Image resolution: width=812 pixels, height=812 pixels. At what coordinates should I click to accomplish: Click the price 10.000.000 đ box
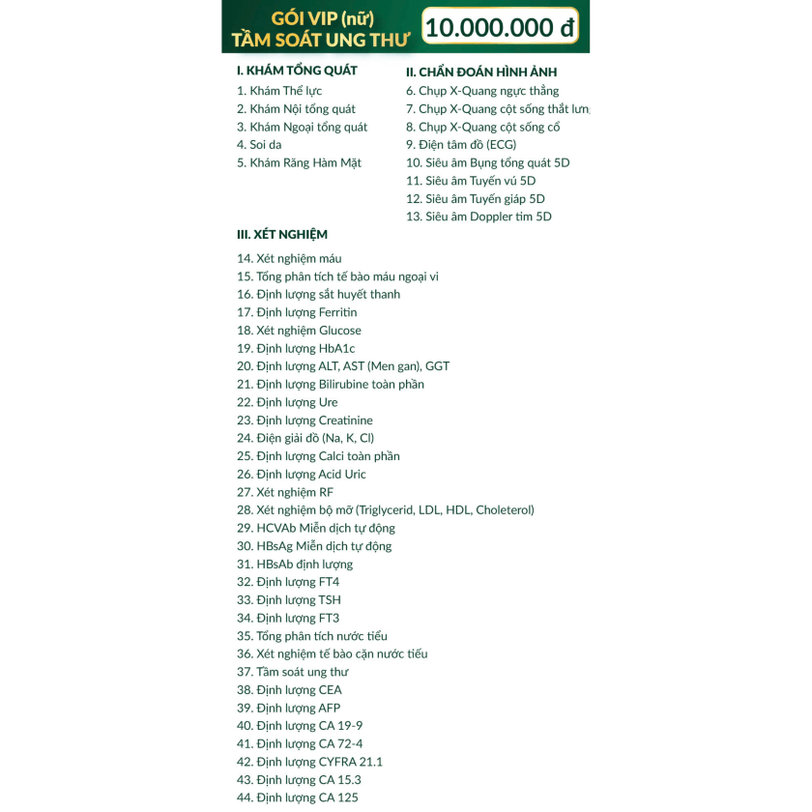pos(500,26)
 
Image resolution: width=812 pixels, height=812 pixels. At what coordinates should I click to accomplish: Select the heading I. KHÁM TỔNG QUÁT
pos(297,71)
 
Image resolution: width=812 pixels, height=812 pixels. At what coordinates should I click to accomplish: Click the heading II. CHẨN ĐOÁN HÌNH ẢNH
pos(481,72)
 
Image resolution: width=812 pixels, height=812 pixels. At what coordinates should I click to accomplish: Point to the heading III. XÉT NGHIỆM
pos(282,234)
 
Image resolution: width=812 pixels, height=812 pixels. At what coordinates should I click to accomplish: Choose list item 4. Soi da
pos(259,145)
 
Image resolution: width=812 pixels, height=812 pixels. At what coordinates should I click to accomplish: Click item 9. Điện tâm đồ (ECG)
pos(461,145)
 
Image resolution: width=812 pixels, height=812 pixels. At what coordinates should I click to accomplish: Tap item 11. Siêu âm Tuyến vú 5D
pos(471,181)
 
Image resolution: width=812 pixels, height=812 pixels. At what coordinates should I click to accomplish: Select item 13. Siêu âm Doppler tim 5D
pos(478,217)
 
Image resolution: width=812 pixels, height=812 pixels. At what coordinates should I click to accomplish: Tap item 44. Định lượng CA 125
pos(298,797)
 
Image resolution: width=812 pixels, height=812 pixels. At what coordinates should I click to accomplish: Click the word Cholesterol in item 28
pos(504,509)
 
